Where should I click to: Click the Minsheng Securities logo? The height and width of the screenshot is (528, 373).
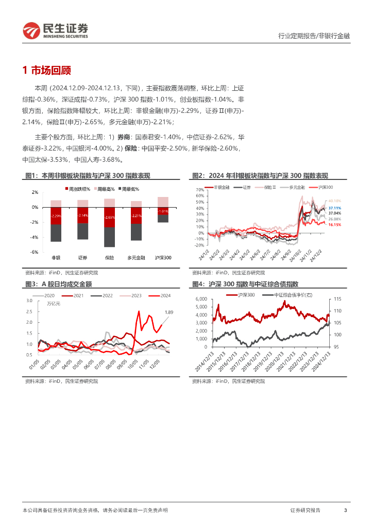pos(55,30)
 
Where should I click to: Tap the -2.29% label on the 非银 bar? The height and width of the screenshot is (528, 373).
pos(56,216)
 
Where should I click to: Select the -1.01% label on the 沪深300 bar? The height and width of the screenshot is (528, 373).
pos(163,211)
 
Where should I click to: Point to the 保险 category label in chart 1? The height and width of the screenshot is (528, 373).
pos(109,257)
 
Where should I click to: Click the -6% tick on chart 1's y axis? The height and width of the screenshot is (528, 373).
pos(35,252)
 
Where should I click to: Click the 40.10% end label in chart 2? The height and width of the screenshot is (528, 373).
pos(334,201)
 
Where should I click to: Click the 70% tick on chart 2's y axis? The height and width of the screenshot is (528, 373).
pos(200,190)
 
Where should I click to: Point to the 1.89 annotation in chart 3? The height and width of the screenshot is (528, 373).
pos(169,312)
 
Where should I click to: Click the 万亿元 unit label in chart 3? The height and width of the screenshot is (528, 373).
pos(54,304)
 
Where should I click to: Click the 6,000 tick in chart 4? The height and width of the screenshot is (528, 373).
pos(199,299)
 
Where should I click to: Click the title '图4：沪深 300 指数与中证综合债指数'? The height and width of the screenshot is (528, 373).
pos(245,284)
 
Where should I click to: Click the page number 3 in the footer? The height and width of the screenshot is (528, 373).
pos(345,510)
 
